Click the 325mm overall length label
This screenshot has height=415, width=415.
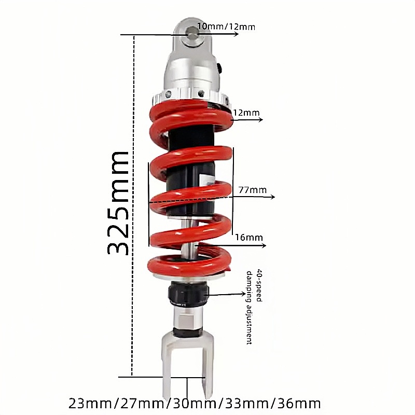coord(118,203)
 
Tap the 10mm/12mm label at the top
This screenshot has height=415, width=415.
coord(226,27)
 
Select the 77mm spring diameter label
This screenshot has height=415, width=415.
coord(253,190)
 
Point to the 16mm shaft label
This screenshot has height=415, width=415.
coord(249,238)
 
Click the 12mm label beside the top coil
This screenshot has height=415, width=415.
coord(246,113)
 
